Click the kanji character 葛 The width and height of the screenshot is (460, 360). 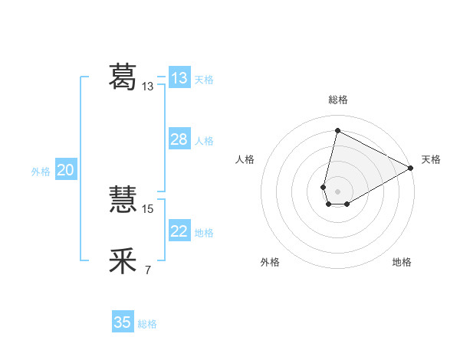coord(123,76)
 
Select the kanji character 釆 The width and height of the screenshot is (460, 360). coord(123,261)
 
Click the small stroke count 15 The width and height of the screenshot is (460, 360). coord(149,208)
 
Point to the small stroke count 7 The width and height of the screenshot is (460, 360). coord(147,270)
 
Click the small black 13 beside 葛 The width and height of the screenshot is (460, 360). coord(148,87)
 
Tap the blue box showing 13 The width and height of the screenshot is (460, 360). coord(179,78)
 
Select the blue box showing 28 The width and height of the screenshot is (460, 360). coord(179,139)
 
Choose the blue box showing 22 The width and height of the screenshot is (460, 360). coord(179,231)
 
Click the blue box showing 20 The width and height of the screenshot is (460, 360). coord(66,170)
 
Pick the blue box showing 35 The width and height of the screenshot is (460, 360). coord(123,322)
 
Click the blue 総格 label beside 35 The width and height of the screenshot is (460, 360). coord(147,324)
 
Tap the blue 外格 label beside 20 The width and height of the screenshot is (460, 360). coord(41,172)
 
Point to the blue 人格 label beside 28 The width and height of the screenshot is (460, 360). coord(204,141)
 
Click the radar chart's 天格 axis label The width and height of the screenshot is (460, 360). coord(431,159)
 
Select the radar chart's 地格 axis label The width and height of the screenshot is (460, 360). coord(402,262)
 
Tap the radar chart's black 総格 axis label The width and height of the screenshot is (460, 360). coord(338,100)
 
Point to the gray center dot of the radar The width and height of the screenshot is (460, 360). coord(337,190)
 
